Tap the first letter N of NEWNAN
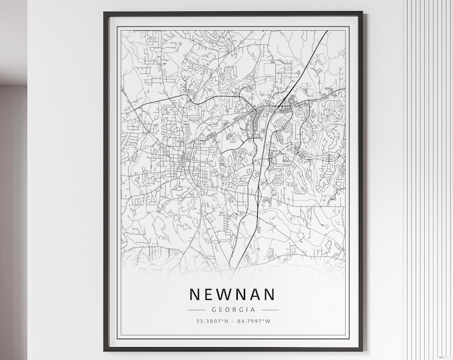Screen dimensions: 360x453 click(195, 294)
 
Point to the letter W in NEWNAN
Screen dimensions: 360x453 click(226, 294)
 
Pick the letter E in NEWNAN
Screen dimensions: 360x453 click(210, 294)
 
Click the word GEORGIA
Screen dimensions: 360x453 click(233, 310)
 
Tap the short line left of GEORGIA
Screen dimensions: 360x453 click(199, 310)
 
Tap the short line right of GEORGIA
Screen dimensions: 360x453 click(268, 310)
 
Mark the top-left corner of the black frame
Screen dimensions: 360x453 click(105, 12)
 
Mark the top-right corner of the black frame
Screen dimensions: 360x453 click(361, 12)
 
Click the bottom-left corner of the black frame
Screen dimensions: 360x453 click(105, 349)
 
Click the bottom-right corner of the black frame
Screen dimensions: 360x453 click(361, 349)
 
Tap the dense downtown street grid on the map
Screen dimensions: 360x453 click(180, 163)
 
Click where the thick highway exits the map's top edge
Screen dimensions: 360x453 click(325, 31)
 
